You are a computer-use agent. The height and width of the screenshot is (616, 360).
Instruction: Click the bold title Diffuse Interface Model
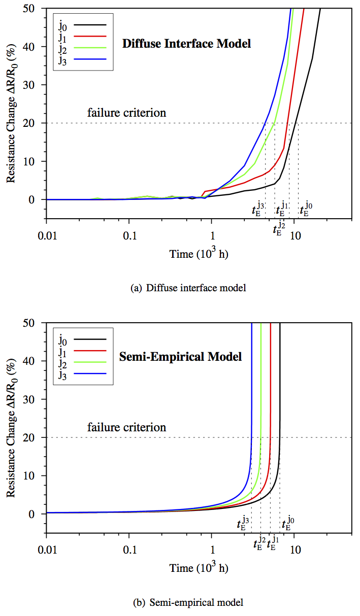186,44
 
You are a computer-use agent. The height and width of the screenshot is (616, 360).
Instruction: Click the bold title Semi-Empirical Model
180,357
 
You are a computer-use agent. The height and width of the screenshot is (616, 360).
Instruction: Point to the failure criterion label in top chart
126,113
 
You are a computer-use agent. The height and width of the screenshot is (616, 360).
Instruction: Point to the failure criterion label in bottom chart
126,427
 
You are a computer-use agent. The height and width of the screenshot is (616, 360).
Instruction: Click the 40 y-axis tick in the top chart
35,47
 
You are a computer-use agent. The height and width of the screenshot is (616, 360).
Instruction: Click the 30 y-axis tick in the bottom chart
35,399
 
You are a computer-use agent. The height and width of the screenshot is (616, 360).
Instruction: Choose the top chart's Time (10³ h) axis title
199,254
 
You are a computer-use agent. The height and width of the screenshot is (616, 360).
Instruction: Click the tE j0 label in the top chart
306,209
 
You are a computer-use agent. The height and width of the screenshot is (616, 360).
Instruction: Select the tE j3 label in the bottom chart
243,523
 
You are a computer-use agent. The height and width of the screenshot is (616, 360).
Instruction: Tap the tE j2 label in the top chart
279,228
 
